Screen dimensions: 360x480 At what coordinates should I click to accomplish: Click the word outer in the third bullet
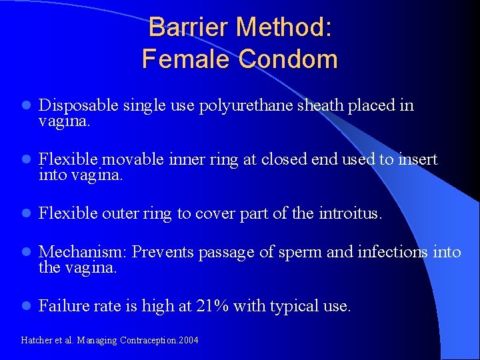coord(121,213)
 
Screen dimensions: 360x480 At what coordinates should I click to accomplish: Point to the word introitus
coord(349,213)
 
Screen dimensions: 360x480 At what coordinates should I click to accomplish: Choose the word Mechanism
coord(83,252)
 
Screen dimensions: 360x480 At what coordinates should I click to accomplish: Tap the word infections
coord(393,252)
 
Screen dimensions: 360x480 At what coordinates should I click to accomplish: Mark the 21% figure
coord(212,306)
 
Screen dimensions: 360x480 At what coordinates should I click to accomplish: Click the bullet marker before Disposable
coord(25,105)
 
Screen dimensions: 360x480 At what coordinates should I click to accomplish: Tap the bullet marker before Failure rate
coord(25,306)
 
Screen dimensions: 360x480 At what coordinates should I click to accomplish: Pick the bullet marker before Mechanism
coord(25,252)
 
